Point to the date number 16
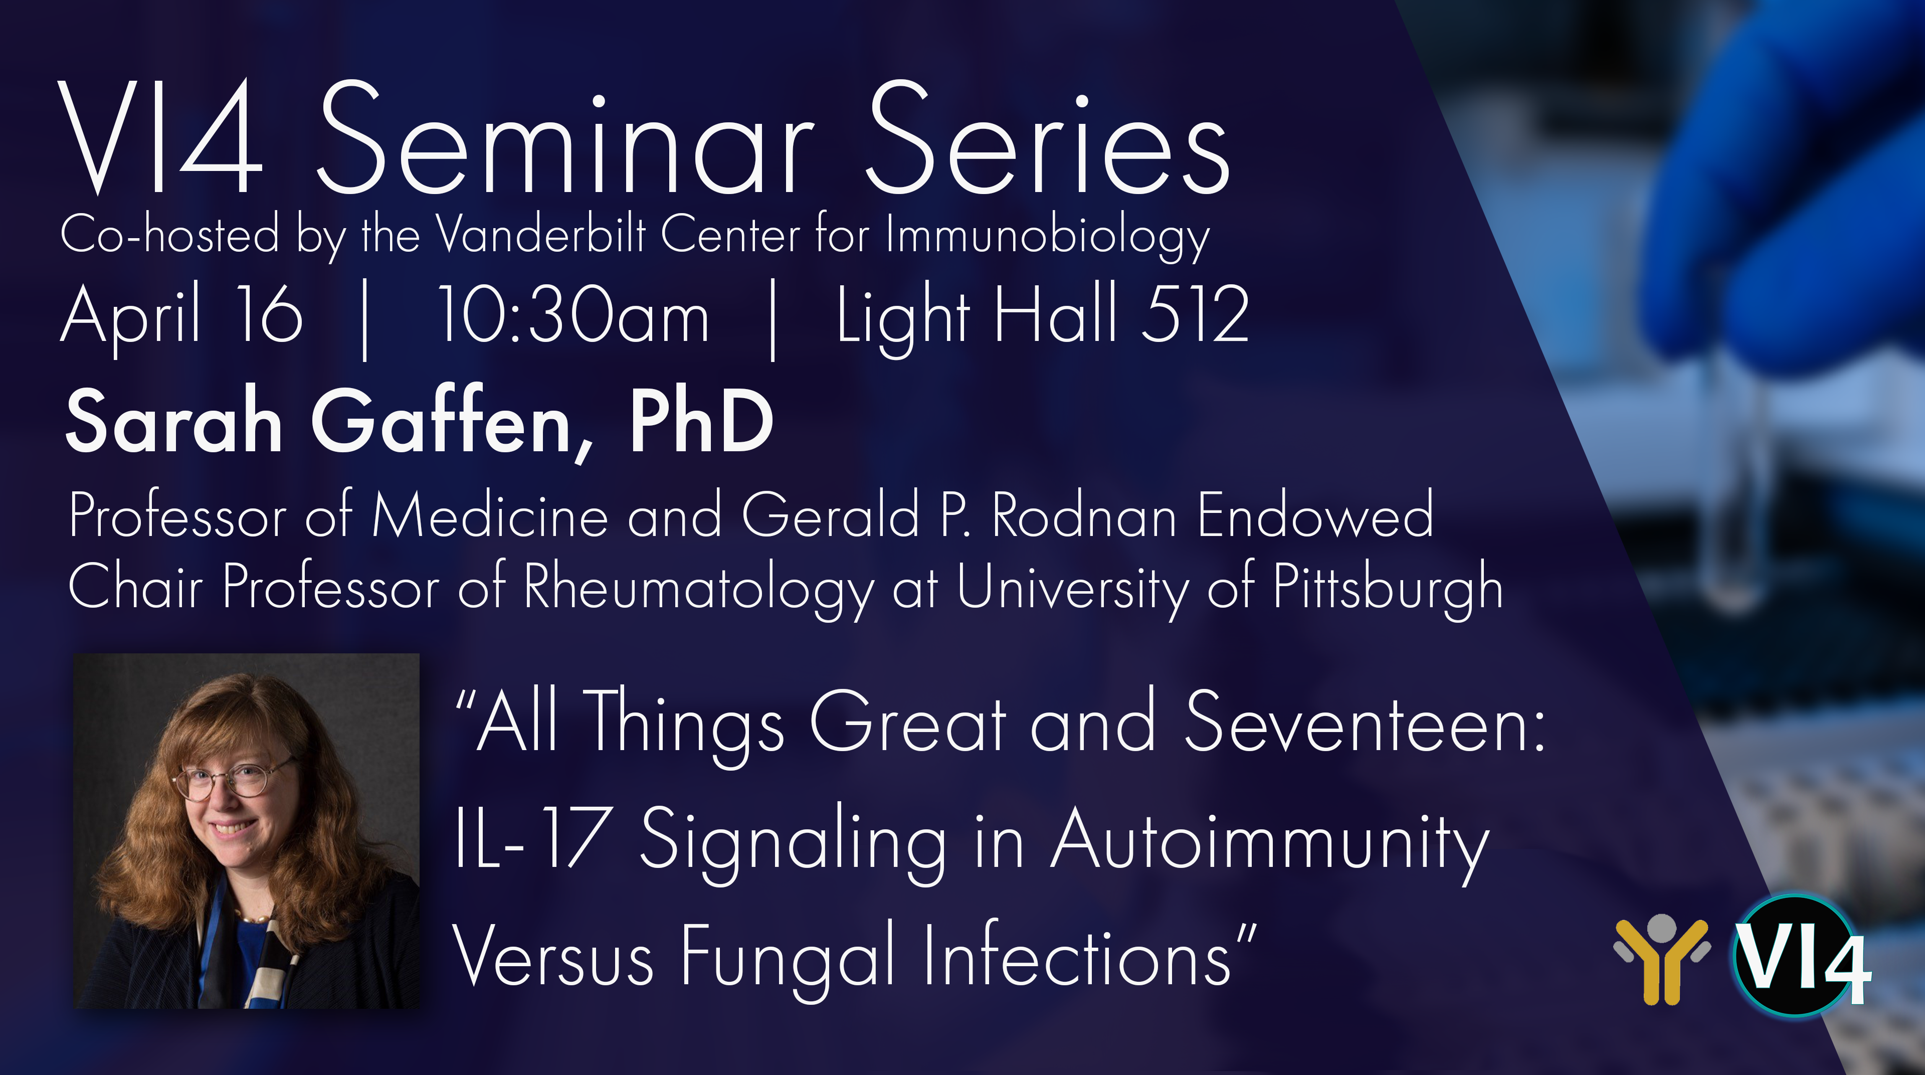pos(269,314)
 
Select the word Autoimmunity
pos(1270,845)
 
